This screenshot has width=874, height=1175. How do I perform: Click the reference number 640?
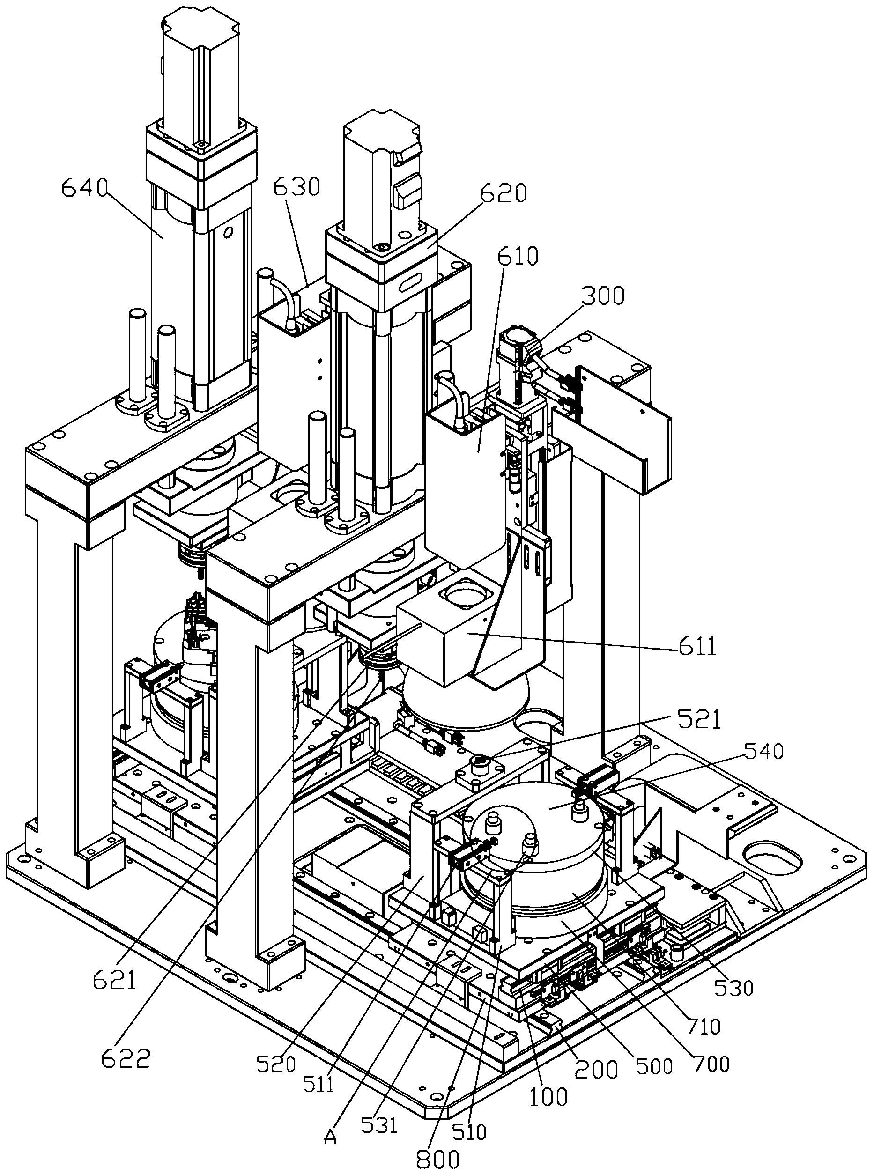click(x=84, y=188)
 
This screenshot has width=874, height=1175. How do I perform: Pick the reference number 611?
click(x=697, y=646)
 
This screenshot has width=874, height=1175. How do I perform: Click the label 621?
click(x=115, y=980)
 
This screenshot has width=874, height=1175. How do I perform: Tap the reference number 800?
click(x=437, y=1159)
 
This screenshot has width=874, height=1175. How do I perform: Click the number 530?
click(x=733, y=987)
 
